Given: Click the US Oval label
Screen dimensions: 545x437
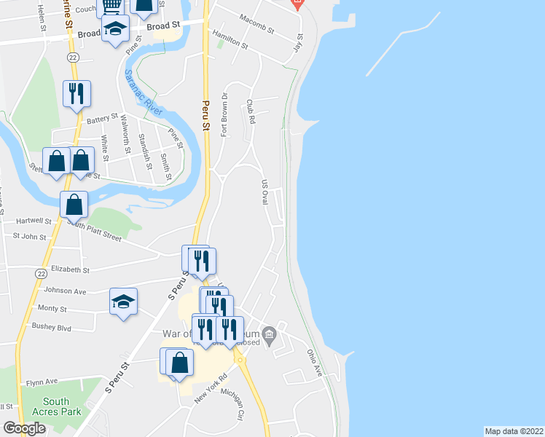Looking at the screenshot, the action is (x=264, y=193).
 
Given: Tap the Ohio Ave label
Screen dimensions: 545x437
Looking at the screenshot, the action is (x=315, y=362).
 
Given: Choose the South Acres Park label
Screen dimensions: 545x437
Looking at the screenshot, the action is (x=56, y=406).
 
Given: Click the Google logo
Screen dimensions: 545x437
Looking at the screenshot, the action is (x=24, y=428).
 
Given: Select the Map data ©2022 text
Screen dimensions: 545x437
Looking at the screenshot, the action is (x=514, y=431).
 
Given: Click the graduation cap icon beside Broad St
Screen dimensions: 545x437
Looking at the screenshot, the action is (x=114, y=29).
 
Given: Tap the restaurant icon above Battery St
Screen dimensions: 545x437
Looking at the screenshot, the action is (x=77, y=93).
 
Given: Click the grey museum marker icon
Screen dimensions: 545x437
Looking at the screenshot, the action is (x=269, y=336).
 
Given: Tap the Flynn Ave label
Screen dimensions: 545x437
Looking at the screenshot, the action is (x=42, y=381).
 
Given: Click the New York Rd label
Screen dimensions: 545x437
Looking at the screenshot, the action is (x=211, y=393).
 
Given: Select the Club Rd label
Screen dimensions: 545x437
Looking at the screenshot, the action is (x=251, y=111).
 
